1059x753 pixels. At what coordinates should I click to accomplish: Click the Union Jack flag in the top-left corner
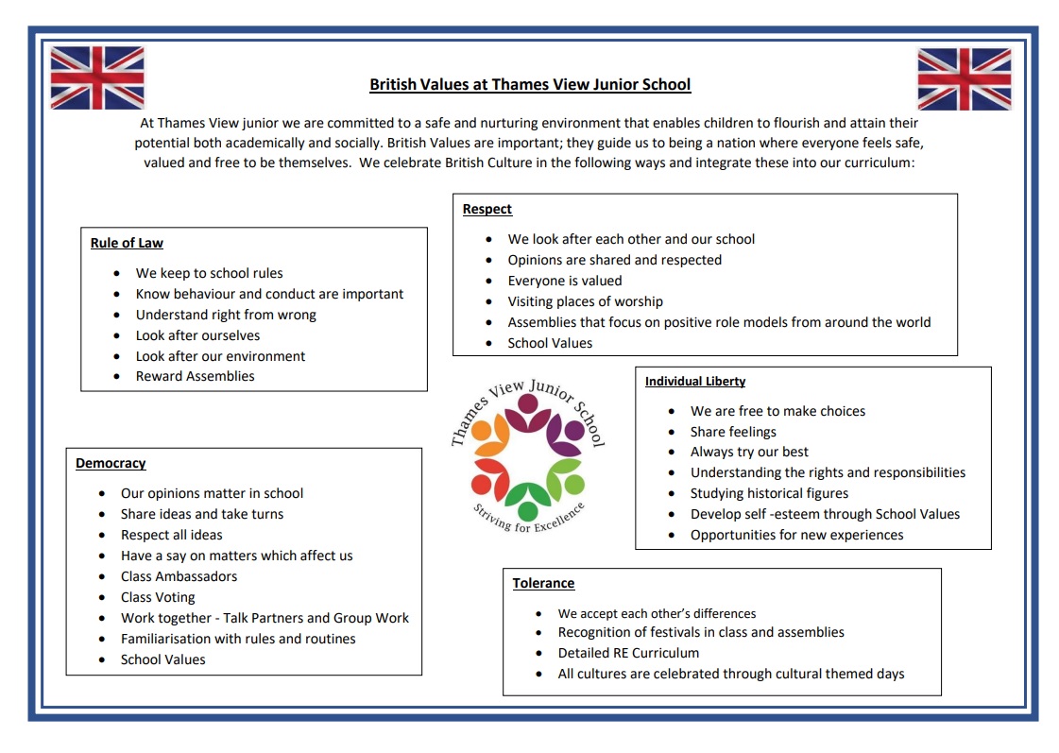click(97, 77)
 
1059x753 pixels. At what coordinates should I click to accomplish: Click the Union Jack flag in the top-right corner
click(964, 79)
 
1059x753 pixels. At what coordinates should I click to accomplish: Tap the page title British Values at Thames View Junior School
click(530, 85)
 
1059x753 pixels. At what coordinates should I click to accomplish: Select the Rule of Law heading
click(127, 243)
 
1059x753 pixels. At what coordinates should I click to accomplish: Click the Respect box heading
click(487, 209)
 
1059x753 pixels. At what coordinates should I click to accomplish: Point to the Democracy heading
click(111, 463)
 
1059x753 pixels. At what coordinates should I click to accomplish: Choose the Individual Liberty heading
click(695, 382)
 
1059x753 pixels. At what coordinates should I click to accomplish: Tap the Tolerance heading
click(543, 583)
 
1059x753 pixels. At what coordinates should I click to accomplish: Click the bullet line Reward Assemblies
click(195, 376)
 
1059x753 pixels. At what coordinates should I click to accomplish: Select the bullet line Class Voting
click(158, 597)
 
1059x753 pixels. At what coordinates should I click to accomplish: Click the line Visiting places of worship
click(585, 301)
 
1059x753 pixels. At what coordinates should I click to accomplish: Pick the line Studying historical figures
click(769, 493)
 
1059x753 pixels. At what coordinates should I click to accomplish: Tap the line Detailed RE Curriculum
click(628, 653)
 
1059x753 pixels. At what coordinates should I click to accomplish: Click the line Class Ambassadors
click(179, 576)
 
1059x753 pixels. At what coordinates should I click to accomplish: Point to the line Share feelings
click(733, 432)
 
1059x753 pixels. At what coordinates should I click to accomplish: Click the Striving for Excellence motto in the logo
click(529, 520)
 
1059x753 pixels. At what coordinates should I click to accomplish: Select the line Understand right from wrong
click(226, 315)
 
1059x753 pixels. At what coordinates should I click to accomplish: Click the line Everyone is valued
click(565, 281)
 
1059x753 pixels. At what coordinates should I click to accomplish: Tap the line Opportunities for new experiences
click(796, 535)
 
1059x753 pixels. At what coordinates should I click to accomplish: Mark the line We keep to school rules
click(209, 273)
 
